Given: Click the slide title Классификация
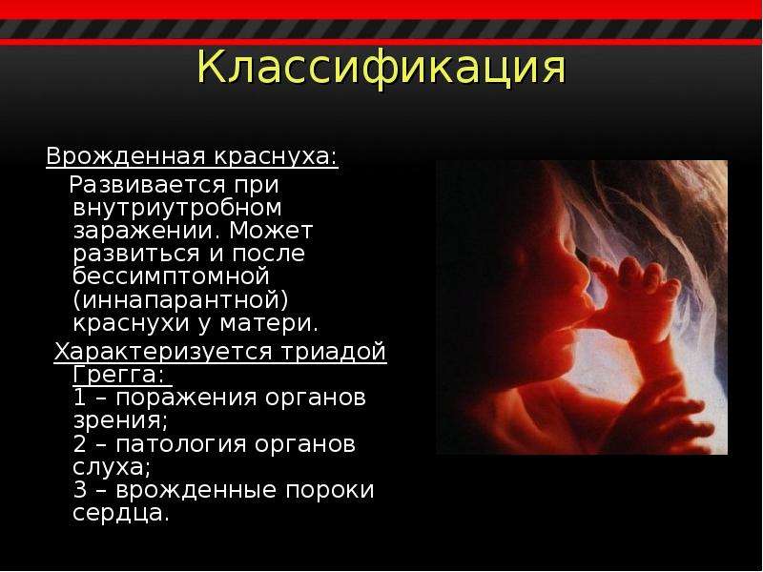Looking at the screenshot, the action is pyautogui.click(x=381, y=68).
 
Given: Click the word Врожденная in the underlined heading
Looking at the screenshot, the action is pyautogui.click(x=126, y=156).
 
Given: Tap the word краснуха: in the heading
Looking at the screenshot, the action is pyautogui.click(x=276, y=157).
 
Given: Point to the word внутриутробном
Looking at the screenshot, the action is pyautogui.click(x=177, y=209).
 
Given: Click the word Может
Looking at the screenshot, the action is pyautogui.click(x=271, y=230).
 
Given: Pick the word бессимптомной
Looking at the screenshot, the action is pyautogui.click(x=172, y=276).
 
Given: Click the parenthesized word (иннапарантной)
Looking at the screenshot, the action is pyautogui.click(x=180, y=300).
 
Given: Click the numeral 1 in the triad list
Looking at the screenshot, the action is pyautogui.click(x=80, y=398).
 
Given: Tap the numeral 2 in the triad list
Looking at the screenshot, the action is pyautogui.click(x=80, y=444).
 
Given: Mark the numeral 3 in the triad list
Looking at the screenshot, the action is pyautogui.click(x=80, y=490).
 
